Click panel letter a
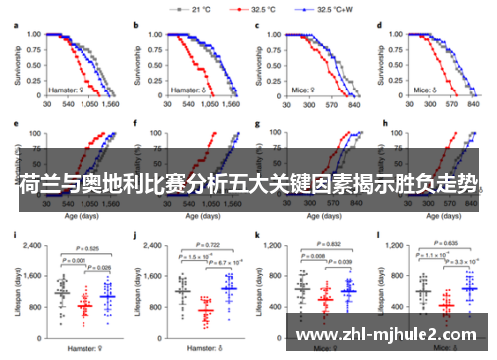(x=15, y=24)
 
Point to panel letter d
(x=382, y=24)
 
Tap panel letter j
(x=136, y=237)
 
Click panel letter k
(x=259, y=237)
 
